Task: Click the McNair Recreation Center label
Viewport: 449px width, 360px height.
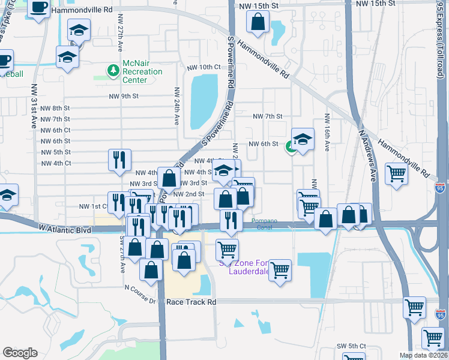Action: pyautogui.click(x=142, y=71)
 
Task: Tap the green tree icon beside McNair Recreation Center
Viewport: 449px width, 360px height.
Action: pyautogui.click(x=112, y=71)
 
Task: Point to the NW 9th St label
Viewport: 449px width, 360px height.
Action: pyautogui.click(x=124, y=96)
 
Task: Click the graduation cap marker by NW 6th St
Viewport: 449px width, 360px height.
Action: pyautogui.click(x=303, y=138)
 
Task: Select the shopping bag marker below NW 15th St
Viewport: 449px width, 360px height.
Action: pyautogui.click(x=258, y=22)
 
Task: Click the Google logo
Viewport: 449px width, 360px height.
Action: pyautogui.click(x=20, y=353)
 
